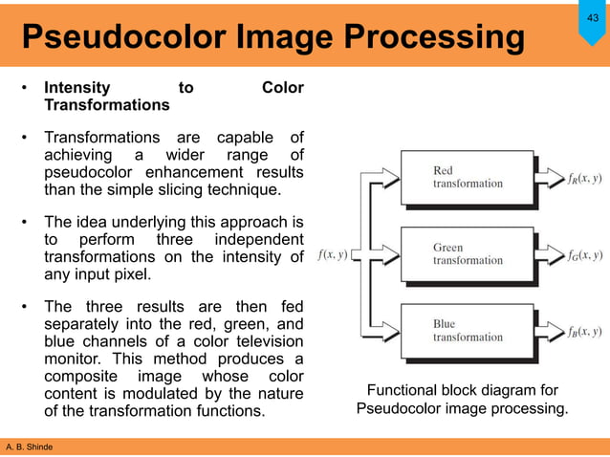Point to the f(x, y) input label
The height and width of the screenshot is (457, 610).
click(326, 254)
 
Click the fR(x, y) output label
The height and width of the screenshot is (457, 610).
click(584, 177)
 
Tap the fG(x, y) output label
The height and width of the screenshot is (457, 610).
click(584, 254)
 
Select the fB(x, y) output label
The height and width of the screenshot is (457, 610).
click(584, 331)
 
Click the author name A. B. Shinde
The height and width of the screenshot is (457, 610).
click(30, 446)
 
